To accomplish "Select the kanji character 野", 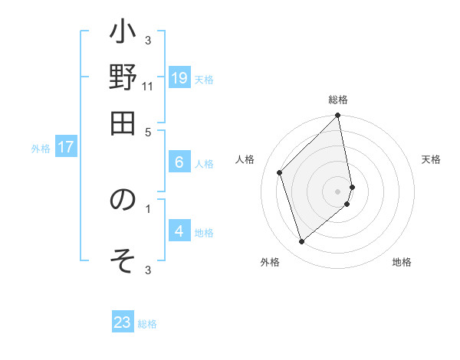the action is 123,78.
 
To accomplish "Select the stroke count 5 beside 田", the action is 148,131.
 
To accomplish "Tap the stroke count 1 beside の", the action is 148,207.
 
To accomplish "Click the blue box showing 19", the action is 179,77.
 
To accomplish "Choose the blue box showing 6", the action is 179,162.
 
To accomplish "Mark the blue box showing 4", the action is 179,231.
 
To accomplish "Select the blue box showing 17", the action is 66,147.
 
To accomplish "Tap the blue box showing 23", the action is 123,322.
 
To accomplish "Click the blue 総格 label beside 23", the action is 147,324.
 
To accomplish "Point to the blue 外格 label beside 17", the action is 40,149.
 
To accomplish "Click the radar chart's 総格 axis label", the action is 338,100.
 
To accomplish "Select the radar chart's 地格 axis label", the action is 402,263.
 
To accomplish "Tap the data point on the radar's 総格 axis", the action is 338,116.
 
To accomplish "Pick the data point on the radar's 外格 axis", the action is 301,242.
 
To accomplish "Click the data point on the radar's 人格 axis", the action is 280,172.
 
